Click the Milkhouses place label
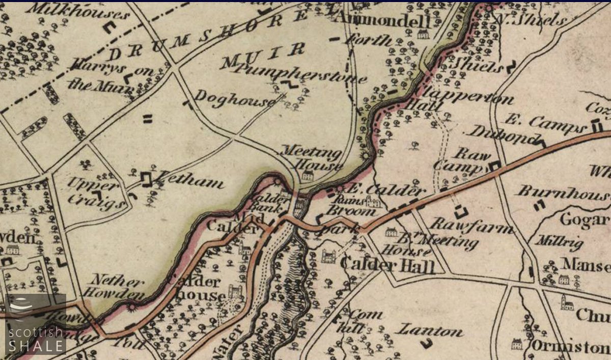[x=78, y=11]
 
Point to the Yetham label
[x=190, y=181]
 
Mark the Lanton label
[x=430, y=331]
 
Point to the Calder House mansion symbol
[x=235, y=291]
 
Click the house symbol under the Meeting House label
[x=308, y=176]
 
